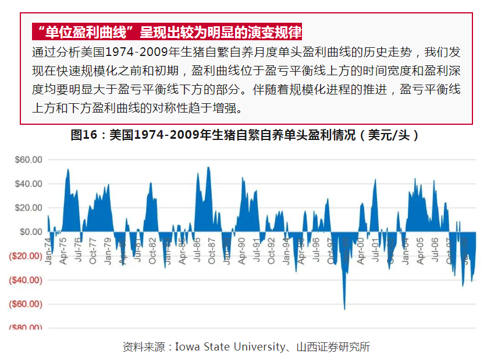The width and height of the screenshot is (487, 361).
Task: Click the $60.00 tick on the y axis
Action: pos(29,159)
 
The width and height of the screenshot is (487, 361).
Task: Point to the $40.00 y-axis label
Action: pos(29,184)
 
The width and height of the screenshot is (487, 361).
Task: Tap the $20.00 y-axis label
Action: pos(29,208)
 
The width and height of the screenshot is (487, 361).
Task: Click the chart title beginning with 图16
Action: pos(244,135)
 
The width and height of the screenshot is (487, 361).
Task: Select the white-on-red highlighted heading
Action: pos(168,31)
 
